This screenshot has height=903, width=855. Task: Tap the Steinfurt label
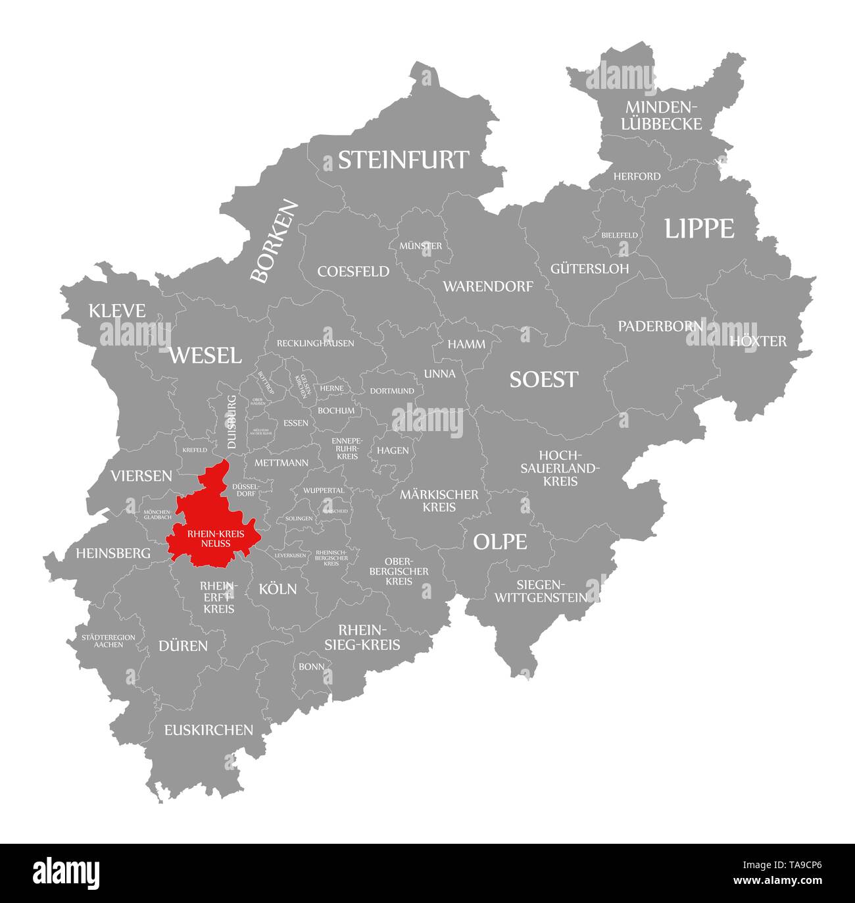pyautogui.click(x=403, y=160)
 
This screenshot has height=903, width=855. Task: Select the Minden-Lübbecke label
pyautogui.click(x=663, y=115)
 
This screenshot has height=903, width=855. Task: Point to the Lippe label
pyautogui.click(x=698, y=228)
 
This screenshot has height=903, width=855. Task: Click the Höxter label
pyautogui.click(x=758, y=341)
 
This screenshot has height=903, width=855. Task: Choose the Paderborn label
pyautogui.click(x=660, y=326)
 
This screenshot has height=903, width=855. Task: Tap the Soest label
pyautogui.click(x=544, y=379)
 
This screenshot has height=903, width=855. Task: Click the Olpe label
pyautogui.click(x=500, y=542)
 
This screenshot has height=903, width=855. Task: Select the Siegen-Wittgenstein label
pyautogui.click(x=541, y=591)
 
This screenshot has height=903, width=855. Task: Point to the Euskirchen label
pyautogui.click(x=208, y=729)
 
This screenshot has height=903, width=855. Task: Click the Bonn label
pyautogui.click(x=311, y=666)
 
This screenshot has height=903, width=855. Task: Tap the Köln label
pyautogui.click(x=278, y=588)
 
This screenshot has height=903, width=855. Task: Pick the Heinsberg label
pyautogui.click(x=113, y=554)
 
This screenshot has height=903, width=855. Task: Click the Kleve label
pyautogui.click(x=117, y=311)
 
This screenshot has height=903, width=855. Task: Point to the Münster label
pyautogui.click(x=420, y=245)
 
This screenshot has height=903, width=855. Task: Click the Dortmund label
pyautogui.click(x=392, y=390)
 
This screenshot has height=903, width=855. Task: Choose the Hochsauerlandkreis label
pyautogui.click(x=560, y=468)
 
